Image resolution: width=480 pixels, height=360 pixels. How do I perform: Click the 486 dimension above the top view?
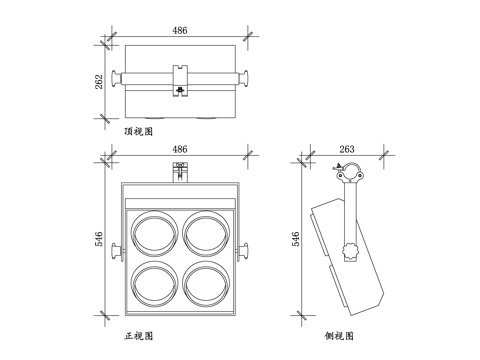(180, 32)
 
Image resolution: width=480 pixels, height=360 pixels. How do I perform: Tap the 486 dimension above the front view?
(180, 149)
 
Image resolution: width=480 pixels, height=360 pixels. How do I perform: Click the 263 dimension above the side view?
(346, 149)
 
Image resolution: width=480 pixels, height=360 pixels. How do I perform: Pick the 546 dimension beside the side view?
(296, 240)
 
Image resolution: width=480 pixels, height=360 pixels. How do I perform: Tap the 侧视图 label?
(339, 336)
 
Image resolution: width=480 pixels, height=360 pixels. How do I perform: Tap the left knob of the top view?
(117, 77)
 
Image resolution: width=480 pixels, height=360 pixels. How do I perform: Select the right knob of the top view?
(243, 77)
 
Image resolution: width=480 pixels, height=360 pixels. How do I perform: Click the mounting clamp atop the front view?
(180, 171)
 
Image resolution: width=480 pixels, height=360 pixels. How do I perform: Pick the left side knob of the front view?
(116, 249)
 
